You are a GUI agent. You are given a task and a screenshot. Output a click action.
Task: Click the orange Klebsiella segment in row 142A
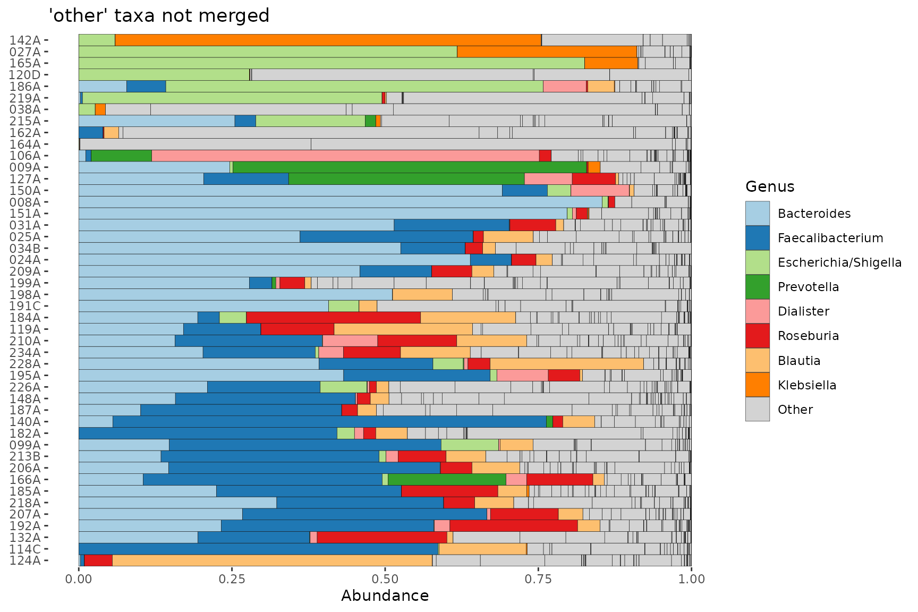(x=328, y=40)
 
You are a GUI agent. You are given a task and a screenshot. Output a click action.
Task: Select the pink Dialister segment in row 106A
(x=345, y=156)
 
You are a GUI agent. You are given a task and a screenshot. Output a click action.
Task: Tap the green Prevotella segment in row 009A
(x=410, y=167)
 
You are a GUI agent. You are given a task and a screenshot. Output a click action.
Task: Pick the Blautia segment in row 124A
(x=272, y=560)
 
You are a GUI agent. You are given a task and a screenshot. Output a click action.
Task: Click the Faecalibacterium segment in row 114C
(x=258, y=549)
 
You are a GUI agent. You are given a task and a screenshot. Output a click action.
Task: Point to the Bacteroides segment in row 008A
(x=340, y=202)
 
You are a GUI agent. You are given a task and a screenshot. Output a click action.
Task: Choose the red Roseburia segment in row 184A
(x=333, y=317)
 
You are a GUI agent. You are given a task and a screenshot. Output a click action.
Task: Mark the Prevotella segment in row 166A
(x=447, y=479)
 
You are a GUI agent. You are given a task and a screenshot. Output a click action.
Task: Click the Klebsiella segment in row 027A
(x=547, y=52)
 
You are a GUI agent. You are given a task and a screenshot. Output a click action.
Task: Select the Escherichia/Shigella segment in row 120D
(x=164, y=75)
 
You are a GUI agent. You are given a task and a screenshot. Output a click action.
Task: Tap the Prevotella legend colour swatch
(x=757, y=287)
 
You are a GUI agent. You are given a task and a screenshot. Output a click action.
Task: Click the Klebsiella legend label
(x=807, y=385)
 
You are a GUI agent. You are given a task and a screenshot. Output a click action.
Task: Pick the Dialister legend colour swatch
(x=757, y=311)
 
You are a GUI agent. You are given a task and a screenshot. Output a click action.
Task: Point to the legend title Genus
(x=770, y=186)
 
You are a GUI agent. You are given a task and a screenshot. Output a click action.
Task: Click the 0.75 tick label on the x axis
(x=538, y=579)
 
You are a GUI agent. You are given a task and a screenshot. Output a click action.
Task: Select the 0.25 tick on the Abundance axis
(x=232, y=568)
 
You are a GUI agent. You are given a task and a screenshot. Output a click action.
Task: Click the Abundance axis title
(x=385, y=596)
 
